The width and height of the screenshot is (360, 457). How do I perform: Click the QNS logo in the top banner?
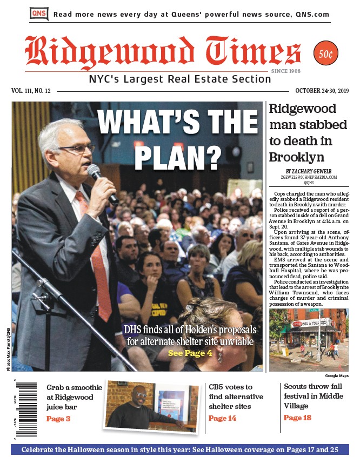pos(39,14)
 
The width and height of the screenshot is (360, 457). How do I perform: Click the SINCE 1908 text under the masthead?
pos(286,71)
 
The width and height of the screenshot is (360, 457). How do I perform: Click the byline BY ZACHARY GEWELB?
pos(309,171)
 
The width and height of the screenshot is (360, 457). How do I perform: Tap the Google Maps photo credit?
pos(337,375)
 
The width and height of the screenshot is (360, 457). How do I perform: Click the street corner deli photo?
pos(309,340)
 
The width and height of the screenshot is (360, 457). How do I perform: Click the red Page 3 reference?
pos(58,419)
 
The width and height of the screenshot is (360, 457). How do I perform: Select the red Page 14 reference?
pos(222,418)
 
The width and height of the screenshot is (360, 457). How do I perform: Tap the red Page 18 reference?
pos(297,418)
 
